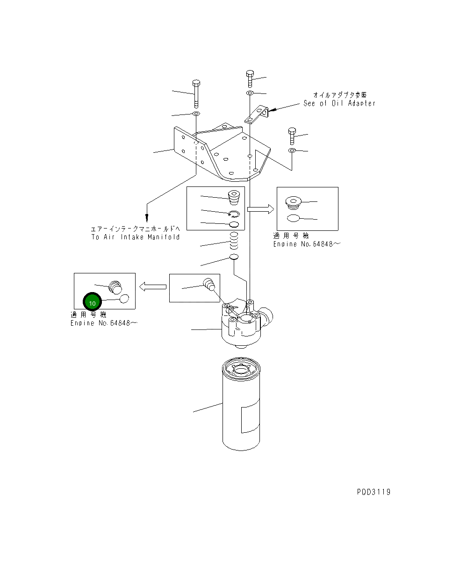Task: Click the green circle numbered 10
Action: (x=92, y=303)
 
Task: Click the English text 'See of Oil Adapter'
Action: (x=339, y=103)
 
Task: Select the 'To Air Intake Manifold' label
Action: (x=136, y=237)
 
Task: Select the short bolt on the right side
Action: (x=292, y=136)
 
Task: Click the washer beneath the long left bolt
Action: (x=196, y=114)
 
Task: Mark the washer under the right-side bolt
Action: (x=292, y=150)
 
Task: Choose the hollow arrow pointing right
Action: (x=260, y=209)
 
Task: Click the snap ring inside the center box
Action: (x=234, y=215)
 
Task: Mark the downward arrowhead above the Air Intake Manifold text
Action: (x=147, y=217)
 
